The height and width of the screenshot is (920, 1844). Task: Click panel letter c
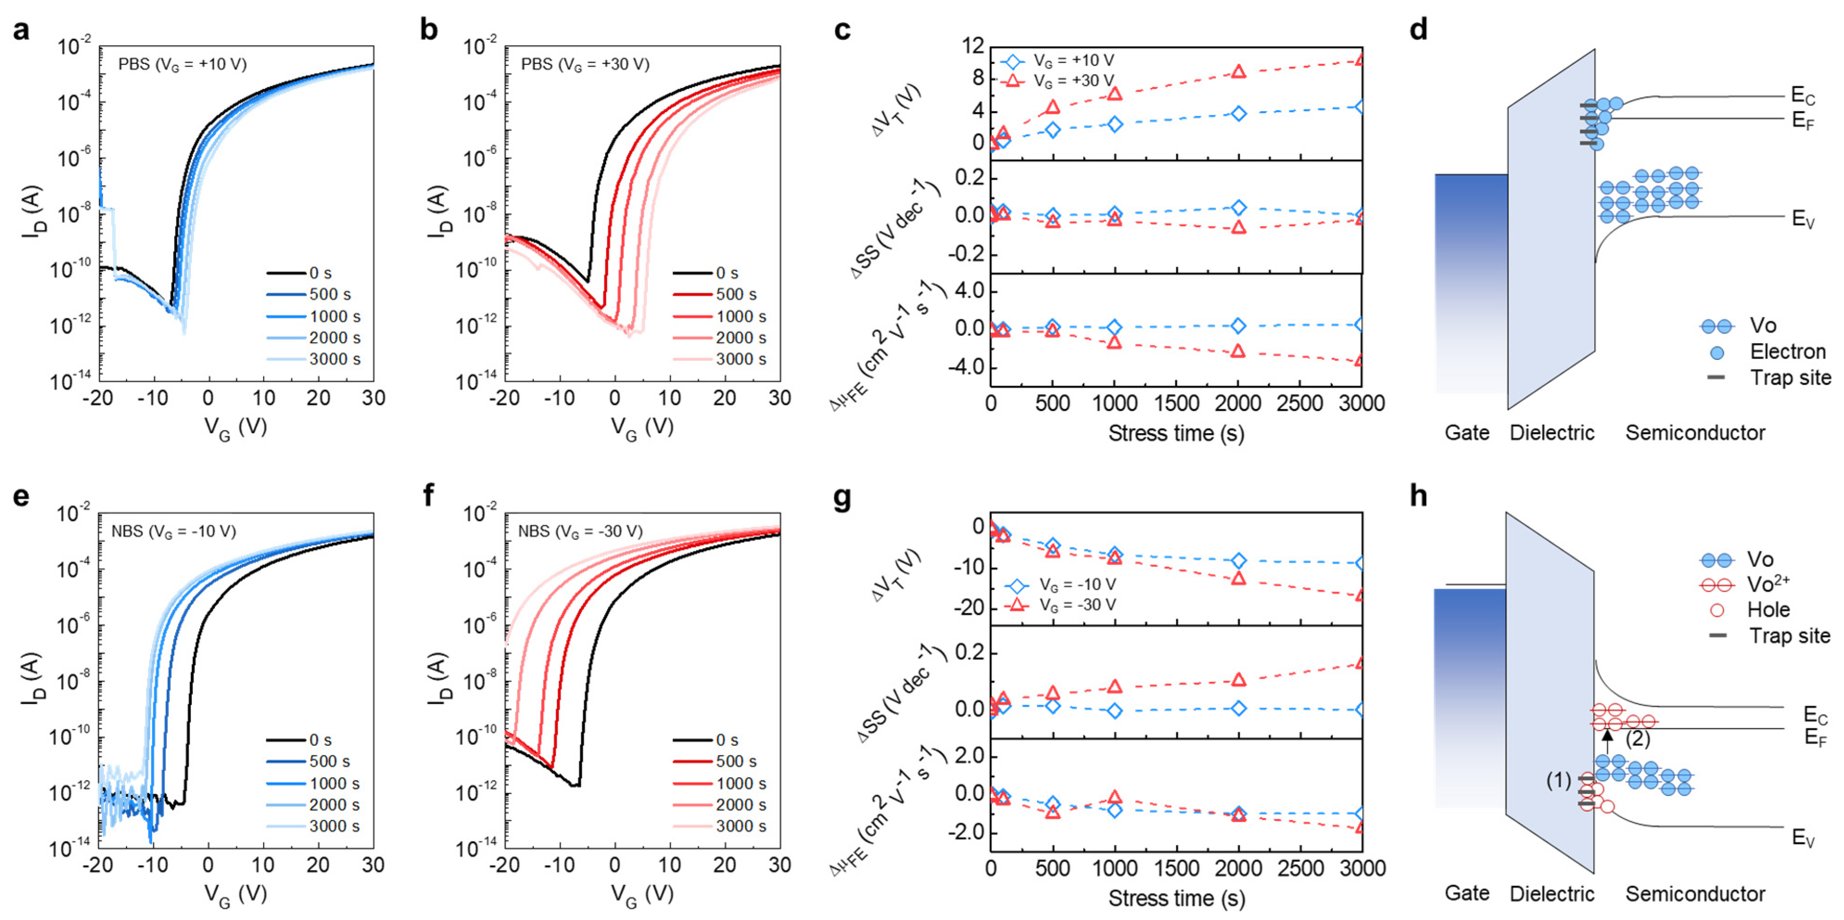coord(843,31)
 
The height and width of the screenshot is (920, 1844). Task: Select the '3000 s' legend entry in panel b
coord(741,359)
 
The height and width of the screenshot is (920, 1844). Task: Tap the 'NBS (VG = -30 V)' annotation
coord(580,531)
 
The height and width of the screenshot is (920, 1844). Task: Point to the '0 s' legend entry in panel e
coord(320,740)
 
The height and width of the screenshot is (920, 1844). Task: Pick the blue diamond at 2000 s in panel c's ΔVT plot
coord(1238,113)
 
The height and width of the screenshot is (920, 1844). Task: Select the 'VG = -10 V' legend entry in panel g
coord(1077,584)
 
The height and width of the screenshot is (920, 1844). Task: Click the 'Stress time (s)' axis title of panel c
coord(1176,433)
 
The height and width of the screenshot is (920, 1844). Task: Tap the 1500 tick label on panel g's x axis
coord(1177,869)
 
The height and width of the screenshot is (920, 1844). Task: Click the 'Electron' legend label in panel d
coord(1787,352)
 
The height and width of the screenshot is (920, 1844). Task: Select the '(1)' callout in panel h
coord(1559,781)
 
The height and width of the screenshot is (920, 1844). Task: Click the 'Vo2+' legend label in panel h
coord(1768,584)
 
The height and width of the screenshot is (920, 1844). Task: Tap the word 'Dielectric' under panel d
coord(1552,433)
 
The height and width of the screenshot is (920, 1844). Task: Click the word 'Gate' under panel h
coord(1467,894)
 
